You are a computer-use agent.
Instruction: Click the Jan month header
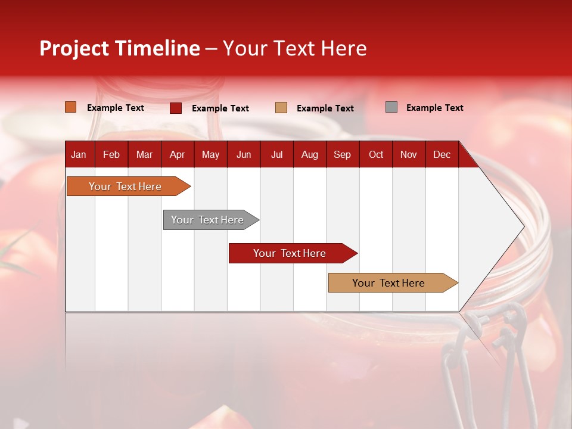79,154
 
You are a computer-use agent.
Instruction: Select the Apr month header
177,154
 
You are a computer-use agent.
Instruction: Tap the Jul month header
276,154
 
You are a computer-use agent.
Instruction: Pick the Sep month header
342,154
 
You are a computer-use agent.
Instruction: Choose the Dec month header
442,154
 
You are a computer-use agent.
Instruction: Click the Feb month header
111,154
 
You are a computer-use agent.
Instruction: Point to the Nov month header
409,154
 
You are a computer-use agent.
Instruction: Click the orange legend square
71,107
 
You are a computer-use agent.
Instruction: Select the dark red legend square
176,108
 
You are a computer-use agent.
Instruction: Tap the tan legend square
281,108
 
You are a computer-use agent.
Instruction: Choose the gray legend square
391,107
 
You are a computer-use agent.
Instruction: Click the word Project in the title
74,48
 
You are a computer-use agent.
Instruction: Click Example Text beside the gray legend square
434,108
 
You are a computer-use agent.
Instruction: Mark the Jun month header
244,154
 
